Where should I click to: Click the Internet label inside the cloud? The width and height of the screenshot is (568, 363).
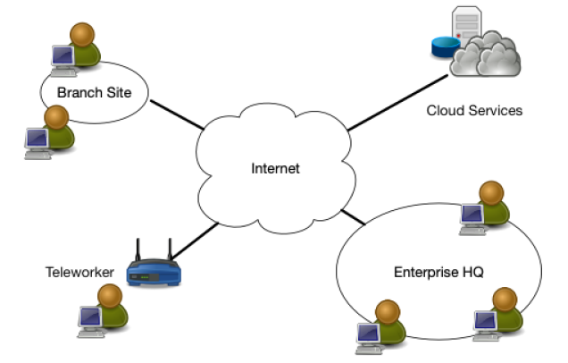coord(275,168)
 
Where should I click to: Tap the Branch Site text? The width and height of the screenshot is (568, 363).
coord(94,92)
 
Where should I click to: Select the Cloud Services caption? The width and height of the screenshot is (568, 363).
coord(474,111)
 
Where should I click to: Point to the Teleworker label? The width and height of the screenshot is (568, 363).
coord(79,272)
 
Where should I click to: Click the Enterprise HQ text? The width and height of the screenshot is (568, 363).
coord(439,272)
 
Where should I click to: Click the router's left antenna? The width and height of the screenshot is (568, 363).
coord(138,249)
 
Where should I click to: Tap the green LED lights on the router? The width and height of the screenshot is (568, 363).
coord(145,277)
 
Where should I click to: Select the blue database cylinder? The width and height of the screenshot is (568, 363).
coord(445,47)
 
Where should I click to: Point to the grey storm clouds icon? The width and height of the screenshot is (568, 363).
coord(486,55)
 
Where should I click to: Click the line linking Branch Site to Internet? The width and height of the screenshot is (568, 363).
coord(177,114)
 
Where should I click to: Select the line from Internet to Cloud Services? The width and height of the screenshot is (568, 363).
coord(397,103)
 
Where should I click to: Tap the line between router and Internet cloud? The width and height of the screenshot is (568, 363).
coord(196,241)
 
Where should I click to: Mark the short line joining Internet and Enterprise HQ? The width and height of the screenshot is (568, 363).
coord(353,217)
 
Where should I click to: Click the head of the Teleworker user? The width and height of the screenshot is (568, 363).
coord(110,296)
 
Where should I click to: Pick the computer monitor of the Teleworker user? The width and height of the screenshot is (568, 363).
coord(90,317)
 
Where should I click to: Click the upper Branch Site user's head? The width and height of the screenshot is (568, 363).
coord(82,35)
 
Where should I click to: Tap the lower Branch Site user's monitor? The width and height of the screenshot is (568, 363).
coord(37,139)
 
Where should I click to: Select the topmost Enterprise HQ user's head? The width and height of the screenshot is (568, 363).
coord(491,193)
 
